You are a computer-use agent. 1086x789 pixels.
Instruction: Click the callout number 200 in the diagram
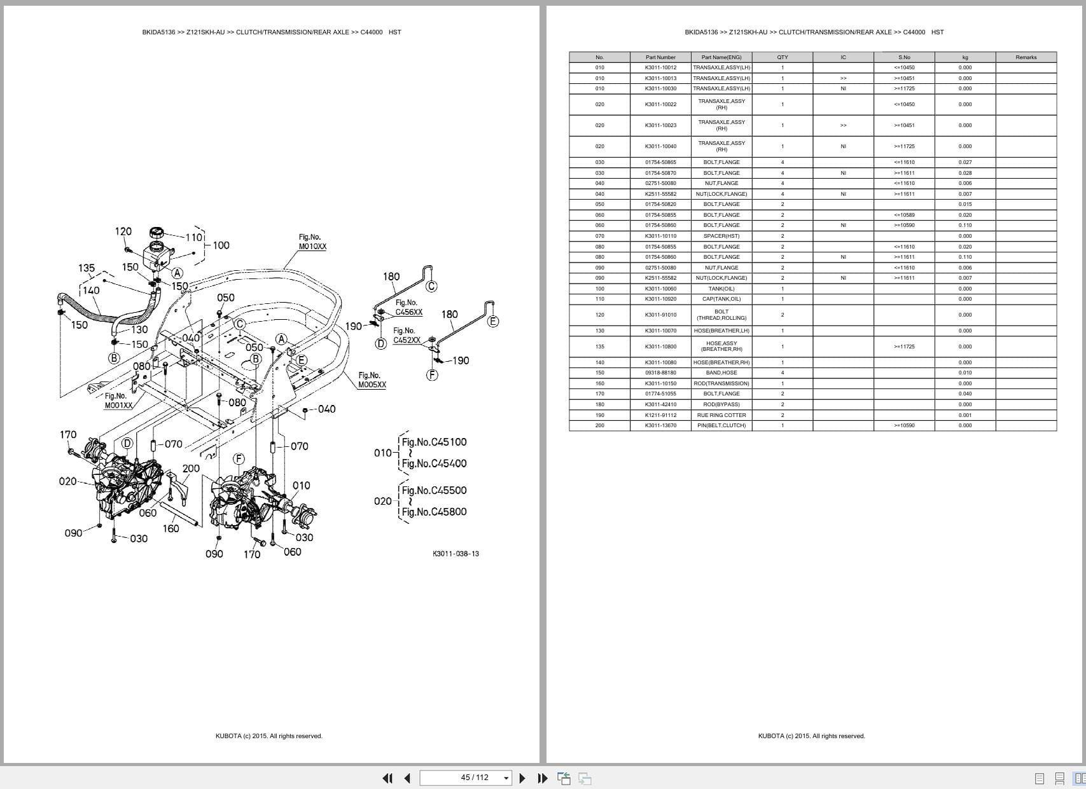191,469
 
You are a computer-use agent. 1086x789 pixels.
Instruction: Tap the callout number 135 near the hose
87,268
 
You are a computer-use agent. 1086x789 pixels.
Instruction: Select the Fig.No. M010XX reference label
312,242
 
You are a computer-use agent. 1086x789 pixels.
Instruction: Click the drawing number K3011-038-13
456,554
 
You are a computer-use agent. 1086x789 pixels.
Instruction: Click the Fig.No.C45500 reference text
434,490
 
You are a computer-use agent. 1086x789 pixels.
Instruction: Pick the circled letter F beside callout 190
432,374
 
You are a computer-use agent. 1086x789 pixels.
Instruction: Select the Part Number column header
660,57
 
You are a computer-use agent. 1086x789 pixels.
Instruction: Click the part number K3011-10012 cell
660,67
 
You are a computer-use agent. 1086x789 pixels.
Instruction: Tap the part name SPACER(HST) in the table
721,236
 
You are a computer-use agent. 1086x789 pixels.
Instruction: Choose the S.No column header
904,57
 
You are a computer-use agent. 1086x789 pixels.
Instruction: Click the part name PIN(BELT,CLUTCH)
721,425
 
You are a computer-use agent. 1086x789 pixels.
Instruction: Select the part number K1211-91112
660,415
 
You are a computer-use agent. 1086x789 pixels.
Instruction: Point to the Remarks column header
1026,57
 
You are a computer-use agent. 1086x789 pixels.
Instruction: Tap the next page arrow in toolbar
522,778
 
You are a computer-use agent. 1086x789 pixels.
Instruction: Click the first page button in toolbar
387,778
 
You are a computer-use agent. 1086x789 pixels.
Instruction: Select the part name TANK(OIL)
721,289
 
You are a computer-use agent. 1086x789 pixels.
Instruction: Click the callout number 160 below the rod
171,528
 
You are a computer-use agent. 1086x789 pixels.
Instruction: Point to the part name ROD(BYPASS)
721,404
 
